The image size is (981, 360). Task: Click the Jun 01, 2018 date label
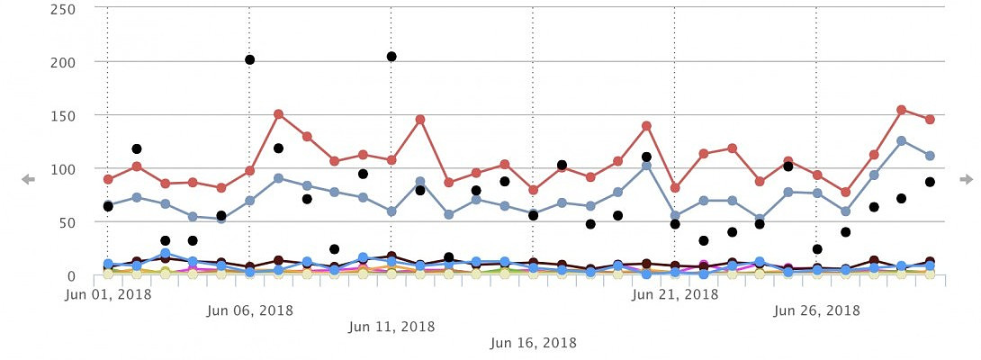click(x=107, y=293)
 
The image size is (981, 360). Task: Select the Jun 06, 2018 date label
click(x=249, y=310)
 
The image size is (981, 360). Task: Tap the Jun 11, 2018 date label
click(x=391, y=327)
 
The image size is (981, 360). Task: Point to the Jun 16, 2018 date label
click(x=533, y=343)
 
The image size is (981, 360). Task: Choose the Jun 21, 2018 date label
click(x=674, y=293)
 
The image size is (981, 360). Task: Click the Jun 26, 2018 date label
click(x=816, y=310)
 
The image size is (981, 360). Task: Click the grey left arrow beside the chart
click(x=28, y=180)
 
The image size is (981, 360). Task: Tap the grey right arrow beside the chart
click(x=966, y=180)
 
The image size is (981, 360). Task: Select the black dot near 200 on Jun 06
click(x=249, y=60)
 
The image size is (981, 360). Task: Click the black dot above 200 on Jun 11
click(x=391, y=57)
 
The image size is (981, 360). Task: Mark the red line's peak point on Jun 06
click(x=278, y=114)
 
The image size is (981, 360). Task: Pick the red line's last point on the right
click(x=930, y=120)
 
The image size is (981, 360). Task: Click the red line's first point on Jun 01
click(x=108, y=179)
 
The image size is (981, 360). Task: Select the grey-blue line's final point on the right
click(x=930, y=156)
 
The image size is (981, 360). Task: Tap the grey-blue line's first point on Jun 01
click(x=108, y=205)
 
